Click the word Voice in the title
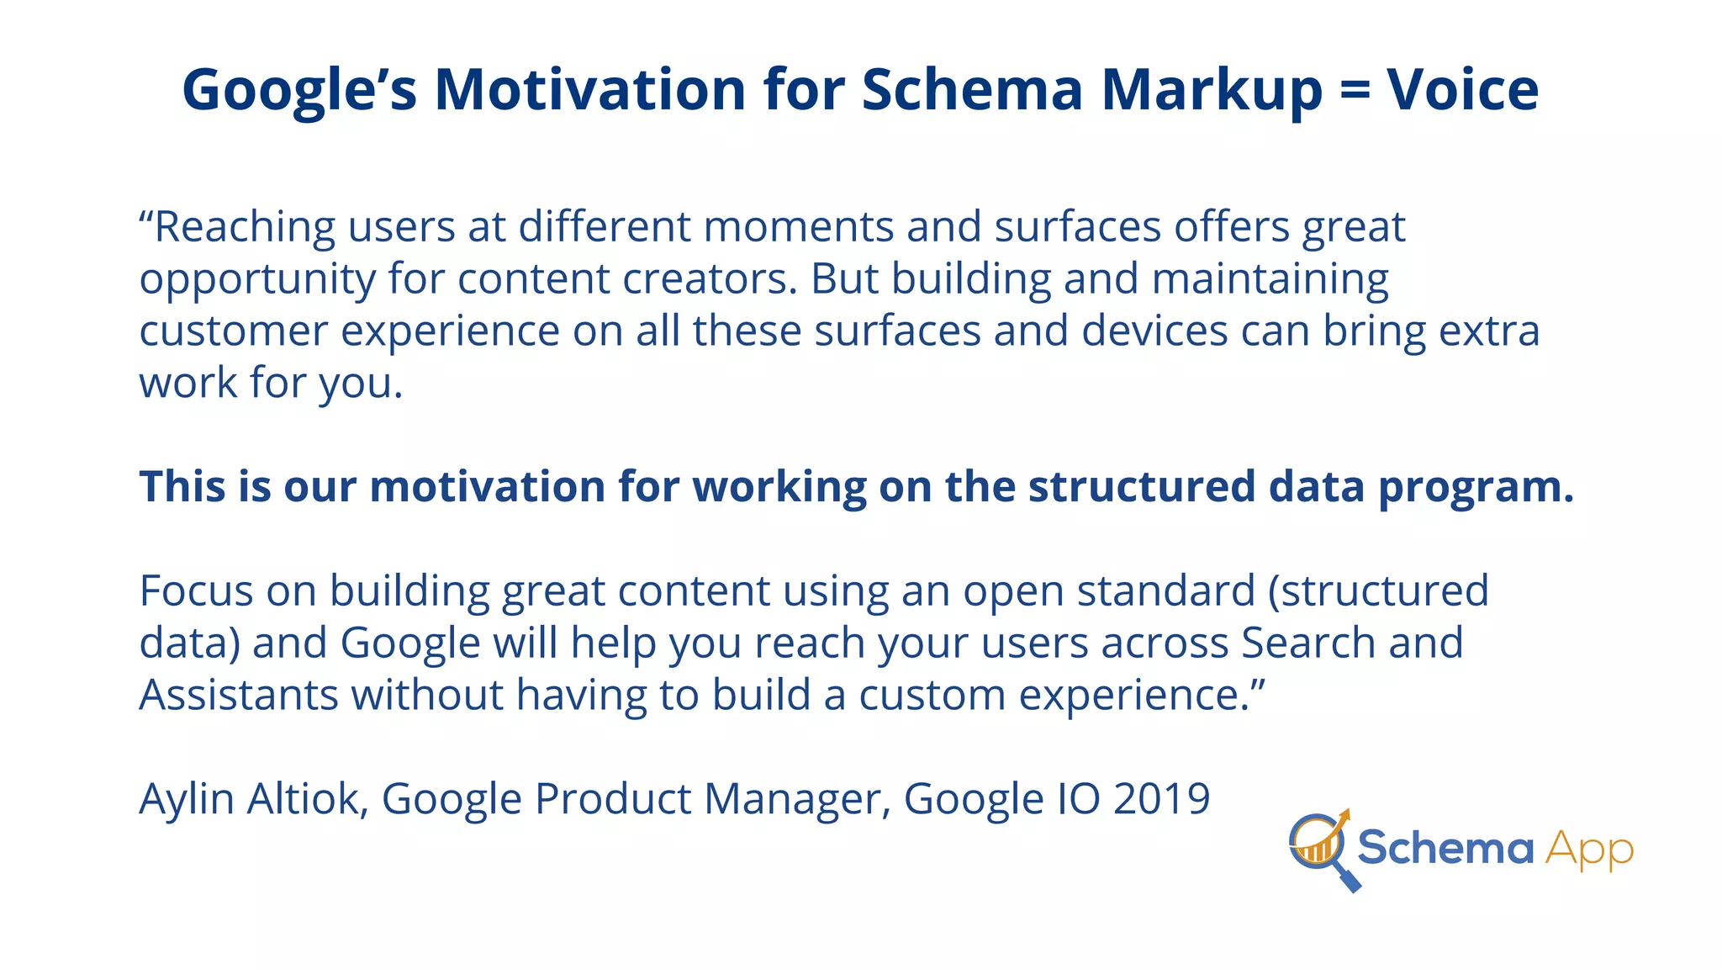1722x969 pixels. click(x=1463, y=89)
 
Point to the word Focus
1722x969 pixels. click(x=196, y=590)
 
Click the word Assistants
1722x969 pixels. click(x=238, y=696)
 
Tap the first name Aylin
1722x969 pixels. click(x=187, y=800)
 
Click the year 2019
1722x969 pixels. click(x=1161, y=798)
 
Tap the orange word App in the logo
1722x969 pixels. click(x=1589, y=850)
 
